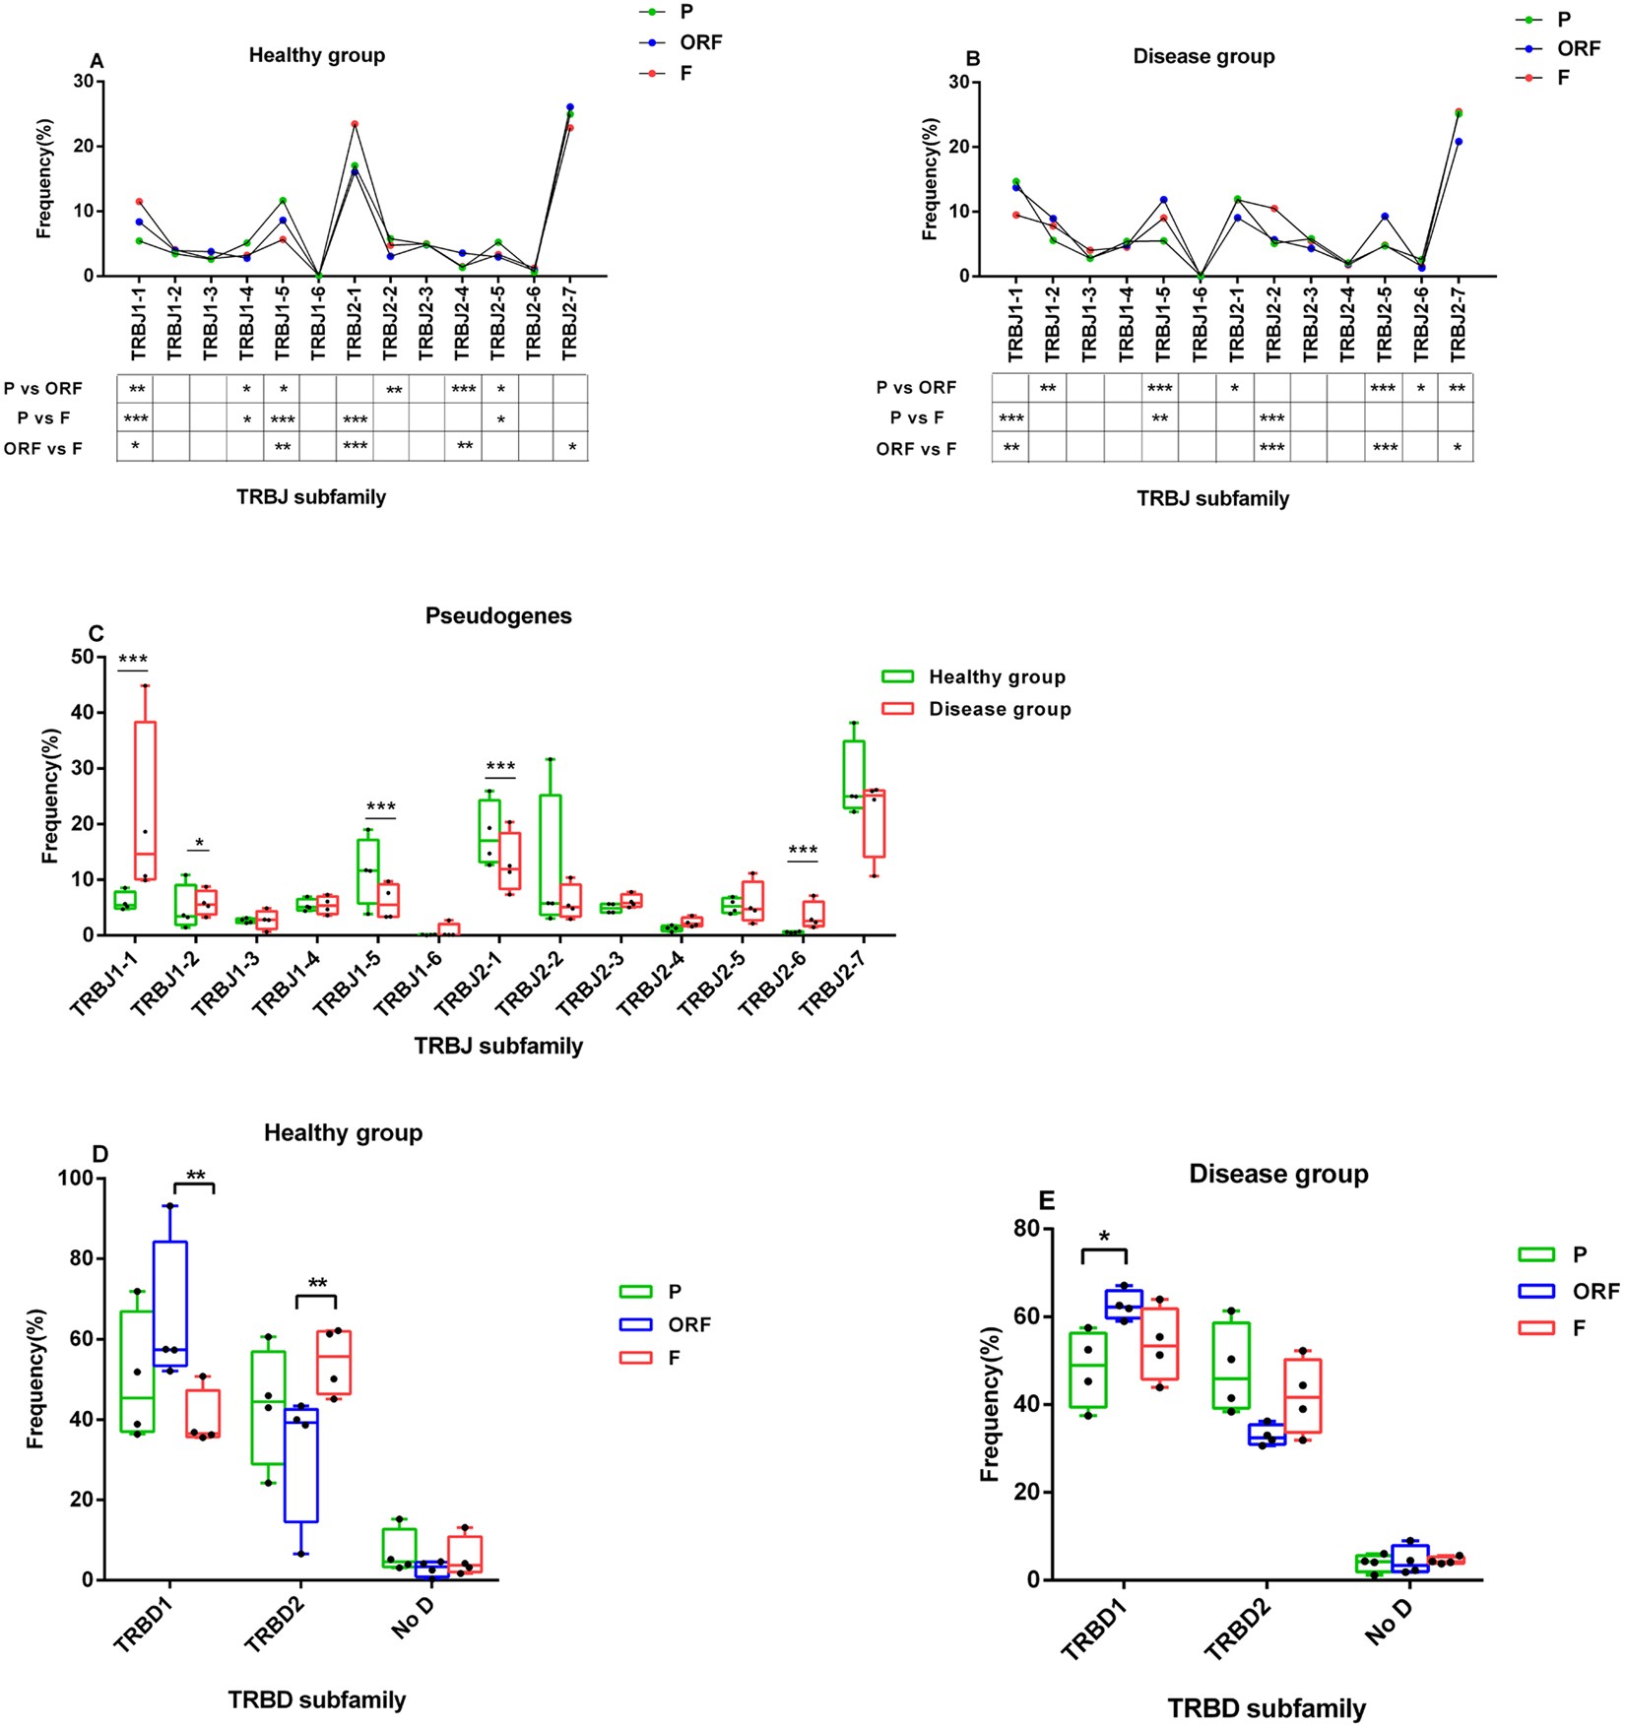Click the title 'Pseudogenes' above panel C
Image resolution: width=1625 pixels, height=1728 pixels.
498,616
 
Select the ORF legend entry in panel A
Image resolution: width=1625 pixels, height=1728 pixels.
700,42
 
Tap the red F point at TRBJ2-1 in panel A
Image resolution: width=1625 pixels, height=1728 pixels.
354,124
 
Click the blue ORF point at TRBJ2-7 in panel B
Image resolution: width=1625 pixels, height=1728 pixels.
1459,142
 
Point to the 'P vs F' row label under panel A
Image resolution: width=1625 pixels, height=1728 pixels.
43,418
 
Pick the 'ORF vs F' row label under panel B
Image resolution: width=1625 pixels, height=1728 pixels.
916,449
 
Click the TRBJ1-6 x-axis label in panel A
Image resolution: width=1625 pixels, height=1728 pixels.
317,321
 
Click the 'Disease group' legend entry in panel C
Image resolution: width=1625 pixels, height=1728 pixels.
999,709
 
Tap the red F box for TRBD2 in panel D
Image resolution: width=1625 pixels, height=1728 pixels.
334,1362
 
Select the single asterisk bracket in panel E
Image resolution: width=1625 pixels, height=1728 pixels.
1104,1247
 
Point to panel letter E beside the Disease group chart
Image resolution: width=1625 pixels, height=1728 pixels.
1047,1200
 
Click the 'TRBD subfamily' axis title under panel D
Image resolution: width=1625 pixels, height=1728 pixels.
317,1700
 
